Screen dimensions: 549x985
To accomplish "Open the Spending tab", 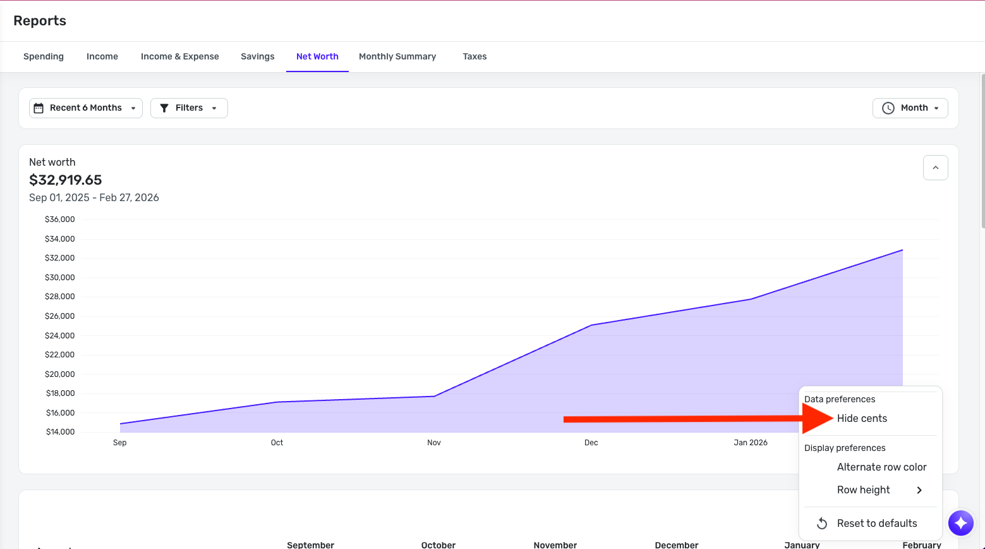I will click(x=44, y=56).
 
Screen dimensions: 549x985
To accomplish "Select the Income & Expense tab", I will click(x=179, y=56).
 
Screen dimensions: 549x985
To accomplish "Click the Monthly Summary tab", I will click(x=397, y=56).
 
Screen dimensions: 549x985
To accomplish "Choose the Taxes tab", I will click(x=474, y=56).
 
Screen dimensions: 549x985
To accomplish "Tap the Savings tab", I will click(x=257, y=56).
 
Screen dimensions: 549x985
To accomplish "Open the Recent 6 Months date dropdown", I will click(x=86, y=108).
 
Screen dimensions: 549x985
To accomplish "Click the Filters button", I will click(x=189, y=108).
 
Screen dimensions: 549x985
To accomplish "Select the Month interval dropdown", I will click(x=910, y=108).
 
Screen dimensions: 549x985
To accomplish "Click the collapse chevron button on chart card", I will click(x=935, y=168).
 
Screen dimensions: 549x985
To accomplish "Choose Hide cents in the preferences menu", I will click(x=862, y=419).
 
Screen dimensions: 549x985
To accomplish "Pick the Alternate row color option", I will click(x=881, y=467).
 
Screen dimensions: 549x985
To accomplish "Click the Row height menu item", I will click(x=864, y=490).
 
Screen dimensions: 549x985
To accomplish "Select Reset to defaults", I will click(x=876, y=524).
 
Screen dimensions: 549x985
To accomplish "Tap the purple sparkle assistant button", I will click(x=961, y=523).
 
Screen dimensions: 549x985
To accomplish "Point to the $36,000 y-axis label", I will click(x=60, y=219).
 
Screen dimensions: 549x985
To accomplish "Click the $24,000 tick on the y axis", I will click(x=60, y=336).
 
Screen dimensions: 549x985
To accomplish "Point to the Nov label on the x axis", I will click(x=434, y=443).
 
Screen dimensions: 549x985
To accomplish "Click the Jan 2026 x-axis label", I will click(x=751, y=443).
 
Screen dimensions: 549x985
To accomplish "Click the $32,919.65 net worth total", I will click(x=66, y=180).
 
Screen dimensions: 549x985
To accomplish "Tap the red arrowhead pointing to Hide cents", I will click(x=818, y=419).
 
